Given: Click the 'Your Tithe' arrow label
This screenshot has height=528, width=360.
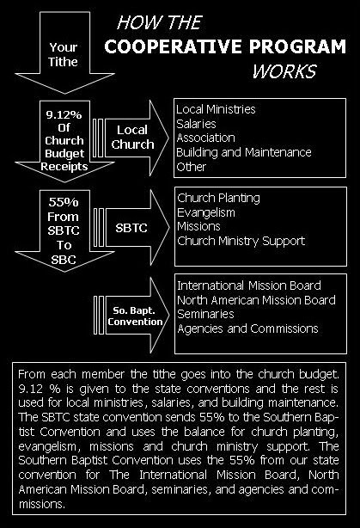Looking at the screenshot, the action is click(63, 54).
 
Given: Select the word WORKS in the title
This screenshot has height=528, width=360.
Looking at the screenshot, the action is click(284, 71).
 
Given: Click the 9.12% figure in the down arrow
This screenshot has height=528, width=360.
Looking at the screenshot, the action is click(64, 115).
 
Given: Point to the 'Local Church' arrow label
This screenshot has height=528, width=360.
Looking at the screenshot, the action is click(132, 137).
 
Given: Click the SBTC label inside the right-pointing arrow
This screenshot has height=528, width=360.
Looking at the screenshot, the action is click(131, 228).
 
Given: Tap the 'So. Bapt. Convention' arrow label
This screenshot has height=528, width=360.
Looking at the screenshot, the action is click(135, 316).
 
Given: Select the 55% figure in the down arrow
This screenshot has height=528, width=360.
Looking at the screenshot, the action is click(64, 202).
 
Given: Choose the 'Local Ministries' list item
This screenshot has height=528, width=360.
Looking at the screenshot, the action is click(216, 109).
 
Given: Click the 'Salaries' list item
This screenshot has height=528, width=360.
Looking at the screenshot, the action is click(196, 124).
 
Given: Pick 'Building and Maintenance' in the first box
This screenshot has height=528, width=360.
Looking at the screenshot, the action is click(244, 152).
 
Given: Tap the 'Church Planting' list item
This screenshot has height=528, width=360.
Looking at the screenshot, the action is click(219, 198).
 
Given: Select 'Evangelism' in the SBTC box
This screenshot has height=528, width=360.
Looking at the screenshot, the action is click(206, 212).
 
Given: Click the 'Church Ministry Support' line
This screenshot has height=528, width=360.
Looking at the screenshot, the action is click(241, 241).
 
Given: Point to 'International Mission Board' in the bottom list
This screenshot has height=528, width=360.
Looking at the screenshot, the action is click(249, 285).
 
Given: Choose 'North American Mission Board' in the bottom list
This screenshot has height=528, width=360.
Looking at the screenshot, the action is click(256, 300).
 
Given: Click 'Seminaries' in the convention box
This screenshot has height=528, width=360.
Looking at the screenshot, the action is click(205, 314).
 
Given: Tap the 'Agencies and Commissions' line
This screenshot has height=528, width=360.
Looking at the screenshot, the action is click(247, 328).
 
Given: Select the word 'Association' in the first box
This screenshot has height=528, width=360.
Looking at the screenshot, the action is click(205, 138).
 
